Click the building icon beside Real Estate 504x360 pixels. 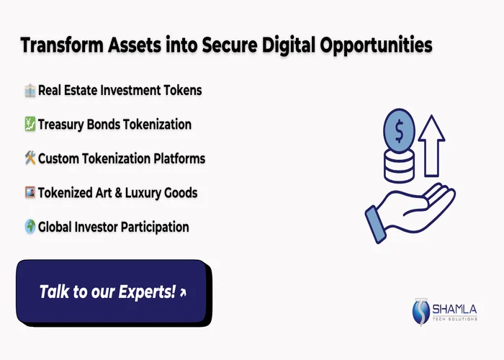pyautogui.click(x=30, y=91)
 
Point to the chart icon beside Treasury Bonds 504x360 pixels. pyautogui.click(x=30, y=125)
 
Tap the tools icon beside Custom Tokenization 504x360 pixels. pyautogui.click(x=30, y=158)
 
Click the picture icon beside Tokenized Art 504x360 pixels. pyautogui.click(x=30, y=193)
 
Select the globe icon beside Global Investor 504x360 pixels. pyautogui.click(x=30, y=227)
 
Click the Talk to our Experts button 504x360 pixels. pyautogui.click(x=112, y=292)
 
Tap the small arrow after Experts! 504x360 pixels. pyautogui.click(x=183, y=292)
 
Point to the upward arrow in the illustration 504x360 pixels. pyautogui.click(x=433, y=144)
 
